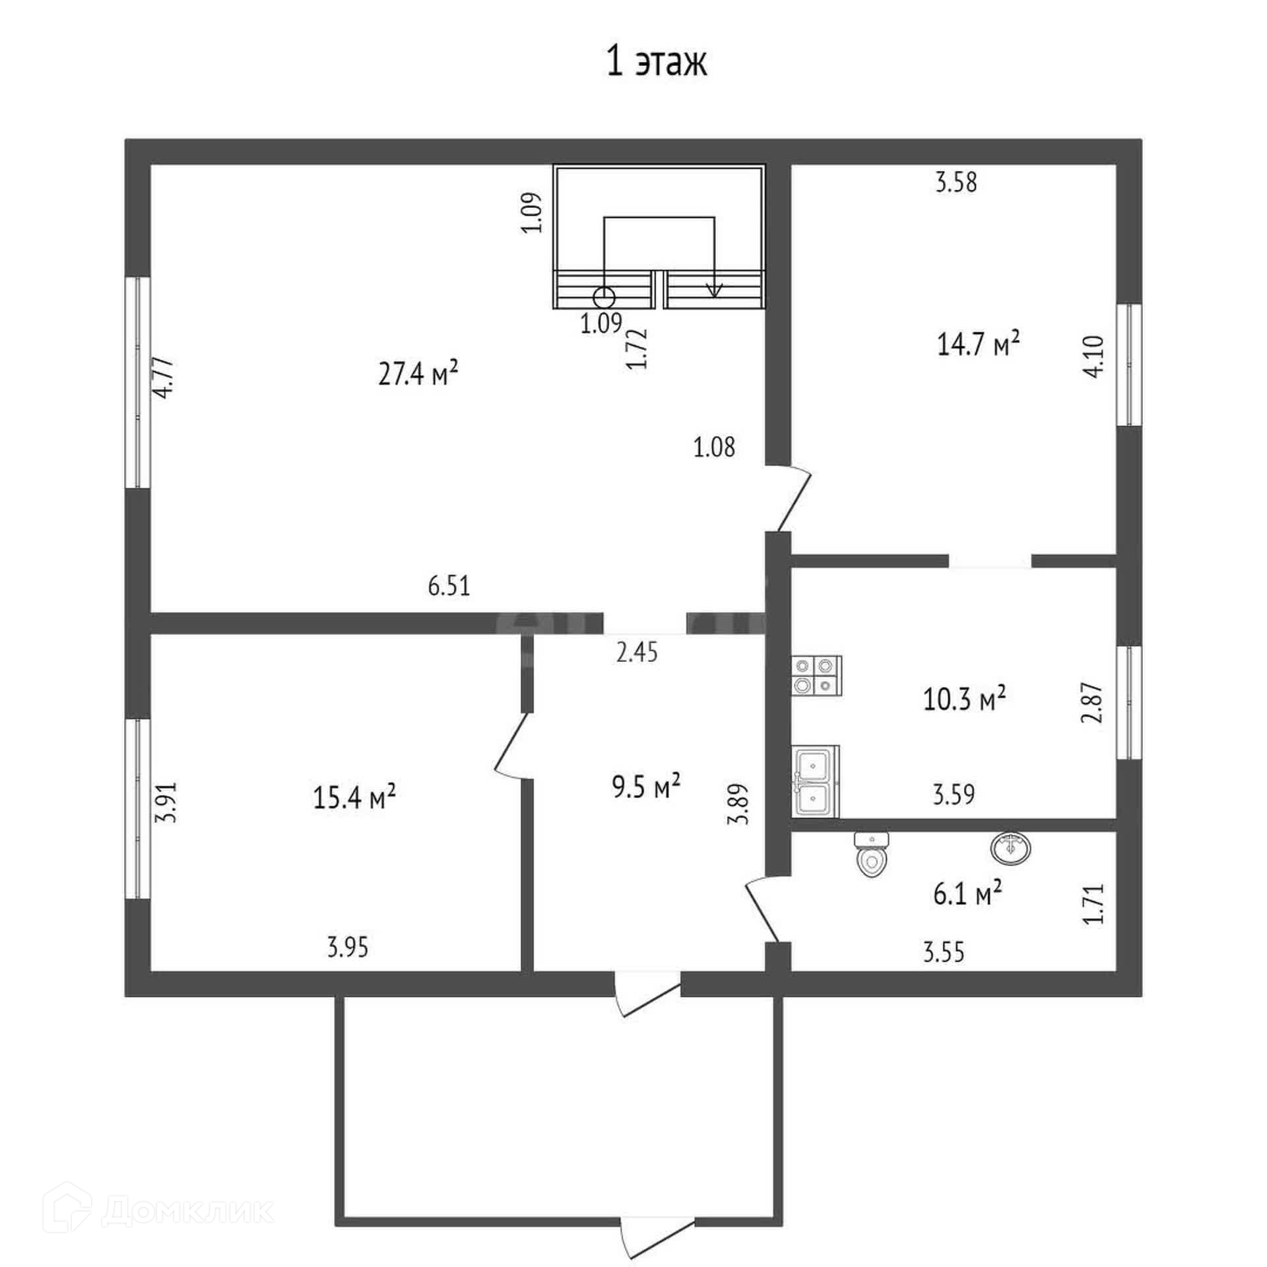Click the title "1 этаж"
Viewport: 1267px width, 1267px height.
click(656, 63)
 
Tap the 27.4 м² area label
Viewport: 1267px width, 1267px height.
click(418, 374)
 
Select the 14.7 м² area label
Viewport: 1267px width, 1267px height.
click(979, 343)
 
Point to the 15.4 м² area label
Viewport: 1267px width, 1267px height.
click(354, 797)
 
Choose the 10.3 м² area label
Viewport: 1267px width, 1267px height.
click(964, 698)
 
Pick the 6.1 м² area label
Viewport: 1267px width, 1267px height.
click(967, 895)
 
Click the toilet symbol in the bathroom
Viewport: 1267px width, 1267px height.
click(871, 855)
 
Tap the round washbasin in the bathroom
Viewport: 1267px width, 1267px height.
click(1010, 849)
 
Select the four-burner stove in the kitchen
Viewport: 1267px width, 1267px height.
click(817, 676)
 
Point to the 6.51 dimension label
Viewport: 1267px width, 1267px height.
click(449, 586)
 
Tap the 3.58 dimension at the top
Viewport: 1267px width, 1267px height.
click(956, 182)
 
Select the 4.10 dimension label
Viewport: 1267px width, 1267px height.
click(1093, 356)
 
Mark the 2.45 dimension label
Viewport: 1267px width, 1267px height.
click(637, 653)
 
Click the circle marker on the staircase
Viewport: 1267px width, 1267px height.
click(604, 298)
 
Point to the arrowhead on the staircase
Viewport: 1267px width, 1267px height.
click(714, 290)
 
